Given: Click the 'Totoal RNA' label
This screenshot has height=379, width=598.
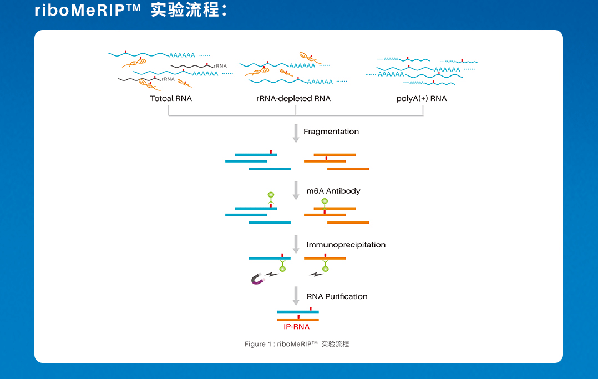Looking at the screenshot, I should click(171, 99).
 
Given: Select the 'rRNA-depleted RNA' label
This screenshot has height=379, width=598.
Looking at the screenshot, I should click(293, 99).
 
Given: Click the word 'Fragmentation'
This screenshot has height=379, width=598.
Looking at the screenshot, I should click(331, 132).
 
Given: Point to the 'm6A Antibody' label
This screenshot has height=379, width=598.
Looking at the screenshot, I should click(333, 191).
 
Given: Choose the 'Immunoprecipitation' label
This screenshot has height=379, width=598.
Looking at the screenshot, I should click(346, 245).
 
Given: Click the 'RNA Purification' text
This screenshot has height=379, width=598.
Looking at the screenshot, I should click(337, 296).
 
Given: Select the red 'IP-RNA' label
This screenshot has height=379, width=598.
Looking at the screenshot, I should click(297, 327).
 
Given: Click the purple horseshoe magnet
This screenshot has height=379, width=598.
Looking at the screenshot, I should click(257, 279).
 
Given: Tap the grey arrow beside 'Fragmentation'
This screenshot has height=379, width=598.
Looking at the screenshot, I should click(296, 133).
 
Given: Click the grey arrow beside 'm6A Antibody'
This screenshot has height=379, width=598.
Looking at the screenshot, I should click(296, 190).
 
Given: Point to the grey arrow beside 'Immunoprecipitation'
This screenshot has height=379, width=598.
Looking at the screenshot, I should click(296, 244).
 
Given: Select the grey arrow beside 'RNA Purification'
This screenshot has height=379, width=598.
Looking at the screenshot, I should click(296, 296).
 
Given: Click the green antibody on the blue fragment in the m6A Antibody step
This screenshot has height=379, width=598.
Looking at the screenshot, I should click(271, 198).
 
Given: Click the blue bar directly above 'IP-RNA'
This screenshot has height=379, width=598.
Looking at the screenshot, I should click(297, 312).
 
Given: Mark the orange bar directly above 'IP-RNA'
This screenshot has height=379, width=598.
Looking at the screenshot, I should click(297, 320).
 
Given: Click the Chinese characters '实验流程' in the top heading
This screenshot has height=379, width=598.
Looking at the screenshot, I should click(185, 10).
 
